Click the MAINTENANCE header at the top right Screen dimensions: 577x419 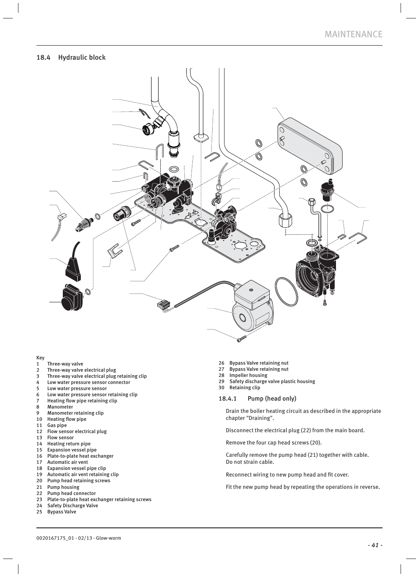point(353,34)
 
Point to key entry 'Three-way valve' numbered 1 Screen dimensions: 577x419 point(65,364)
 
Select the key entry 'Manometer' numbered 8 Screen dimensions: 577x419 point(60,407)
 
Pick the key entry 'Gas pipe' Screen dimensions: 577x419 point(57,425)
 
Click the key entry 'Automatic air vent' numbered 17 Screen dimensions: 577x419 point(68,462)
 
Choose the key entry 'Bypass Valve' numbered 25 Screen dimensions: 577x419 point(61,512)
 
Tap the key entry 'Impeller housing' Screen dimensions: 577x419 point(248,375)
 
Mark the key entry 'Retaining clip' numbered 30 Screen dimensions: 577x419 point(245,387)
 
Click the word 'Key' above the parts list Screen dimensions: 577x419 point(40,358)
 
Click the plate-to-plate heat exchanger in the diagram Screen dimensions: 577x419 point(310,147)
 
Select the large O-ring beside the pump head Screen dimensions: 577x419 point(286,291)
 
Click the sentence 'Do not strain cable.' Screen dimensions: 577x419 point(249,462)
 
